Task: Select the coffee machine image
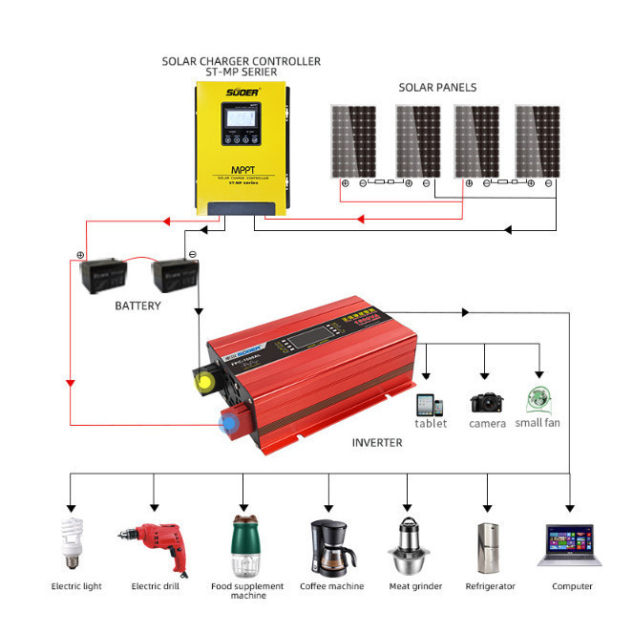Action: point(328,545)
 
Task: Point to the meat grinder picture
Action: point(409,544)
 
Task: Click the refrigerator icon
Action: point(489,546)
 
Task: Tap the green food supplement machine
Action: point(243,543)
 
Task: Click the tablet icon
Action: point(427,402)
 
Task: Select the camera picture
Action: point(487,402)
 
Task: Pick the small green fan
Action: point(538,400)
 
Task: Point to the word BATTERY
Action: point(137,306)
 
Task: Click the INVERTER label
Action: point(377,443)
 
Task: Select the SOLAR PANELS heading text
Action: point(437,88)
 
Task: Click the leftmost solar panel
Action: point(352,140)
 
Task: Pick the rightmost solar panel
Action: point(538,140)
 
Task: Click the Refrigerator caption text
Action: point(490,586)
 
